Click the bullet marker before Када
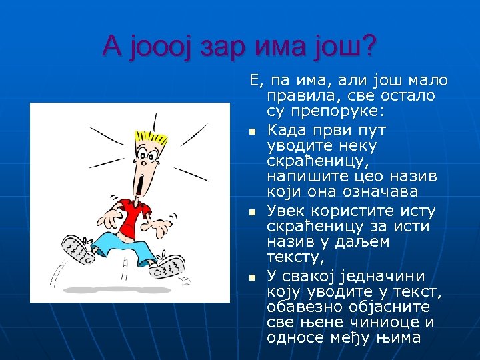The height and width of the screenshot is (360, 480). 253,131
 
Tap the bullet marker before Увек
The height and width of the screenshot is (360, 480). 253,213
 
